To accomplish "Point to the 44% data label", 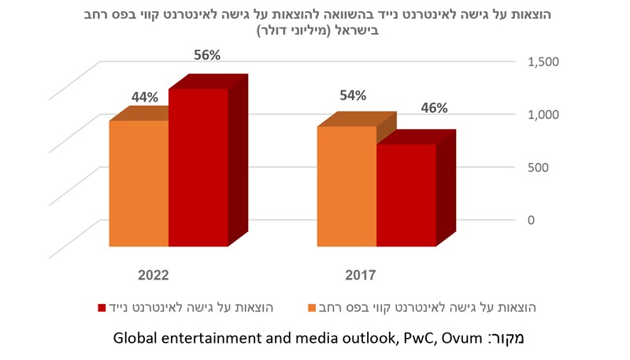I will click(x=144, y=97).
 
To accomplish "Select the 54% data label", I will click(x=352, y=95).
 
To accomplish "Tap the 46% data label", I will click(x=432, y=108).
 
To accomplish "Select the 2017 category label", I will click(x=360, y=276).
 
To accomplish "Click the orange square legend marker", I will click(x=311, y=306).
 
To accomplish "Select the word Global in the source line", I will click(x=135, y=340).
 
